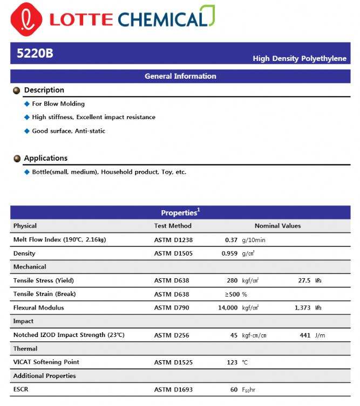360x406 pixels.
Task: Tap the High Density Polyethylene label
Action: [300, 58]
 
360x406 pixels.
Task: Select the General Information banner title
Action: [180, 76]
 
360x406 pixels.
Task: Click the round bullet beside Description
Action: [17, 91]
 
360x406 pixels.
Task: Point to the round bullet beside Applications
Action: [17, 159]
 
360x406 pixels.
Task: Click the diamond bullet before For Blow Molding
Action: [27, 104]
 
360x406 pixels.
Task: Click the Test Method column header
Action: [173, 226]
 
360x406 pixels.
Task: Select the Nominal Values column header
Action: [277, 226]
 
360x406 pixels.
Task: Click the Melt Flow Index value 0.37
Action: [231, 240]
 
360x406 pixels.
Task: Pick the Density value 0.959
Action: [229, 253]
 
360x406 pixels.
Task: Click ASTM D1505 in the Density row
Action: [173, 253]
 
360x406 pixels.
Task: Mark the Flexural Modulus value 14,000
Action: [227, 308]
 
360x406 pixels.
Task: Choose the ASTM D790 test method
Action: [172, 308]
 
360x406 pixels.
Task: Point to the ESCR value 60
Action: [234, 390]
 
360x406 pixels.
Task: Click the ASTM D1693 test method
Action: [173, 390]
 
